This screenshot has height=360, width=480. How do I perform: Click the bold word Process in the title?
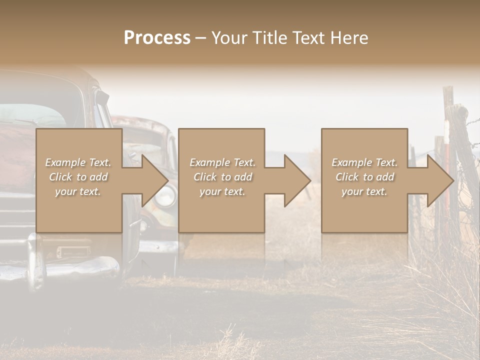click(x=157, y=37)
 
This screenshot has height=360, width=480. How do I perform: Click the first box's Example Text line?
click(x=78, y=162)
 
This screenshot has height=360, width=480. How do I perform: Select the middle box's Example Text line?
click(x=222, y=162)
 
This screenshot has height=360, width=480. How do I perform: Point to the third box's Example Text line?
click(x=364, y=162)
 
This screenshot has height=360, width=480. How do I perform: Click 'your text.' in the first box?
click(x=78, y=191)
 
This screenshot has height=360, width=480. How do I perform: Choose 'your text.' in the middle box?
click(x=222, y=191)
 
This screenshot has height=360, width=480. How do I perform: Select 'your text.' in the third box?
click(x=364, y=191)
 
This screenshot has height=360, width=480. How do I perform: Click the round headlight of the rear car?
click(x=165, y=196)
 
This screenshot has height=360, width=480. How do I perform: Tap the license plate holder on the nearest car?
click(x=73, y=251)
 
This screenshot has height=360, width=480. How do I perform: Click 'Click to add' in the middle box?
click(x=222, y=177)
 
